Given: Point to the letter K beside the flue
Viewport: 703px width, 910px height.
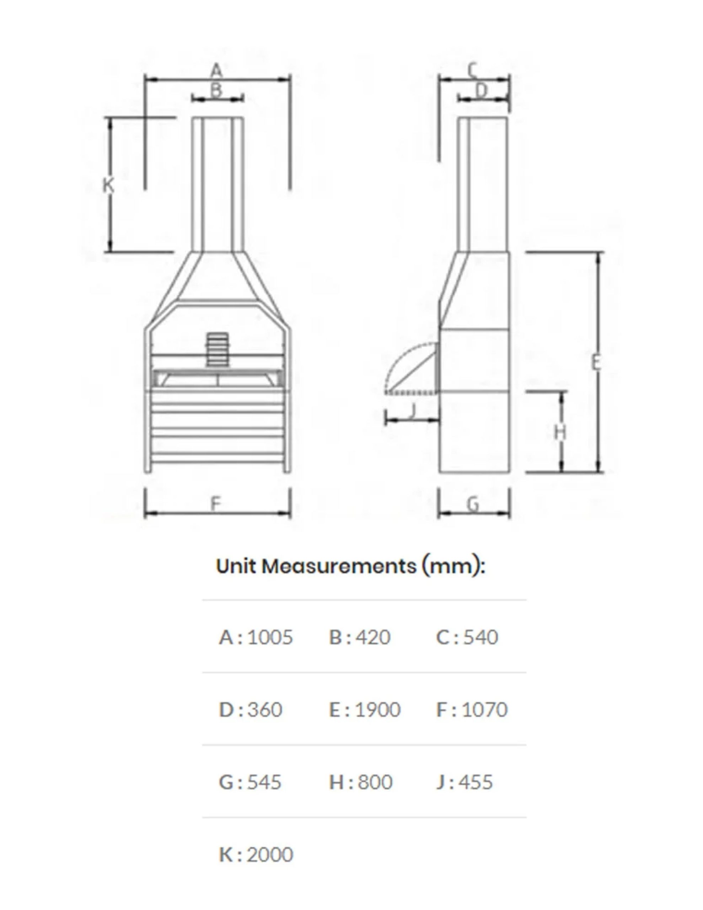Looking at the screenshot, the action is (x=108, y=184).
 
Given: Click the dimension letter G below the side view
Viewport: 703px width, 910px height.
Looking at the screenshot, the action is (x=473, y=504).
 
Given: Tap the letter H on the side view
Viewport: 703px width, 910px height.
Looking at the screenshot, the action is (x=561, y=433).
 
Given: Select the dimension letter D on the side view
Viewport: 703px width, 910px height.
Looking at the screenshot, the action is (x=481, y=90).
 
